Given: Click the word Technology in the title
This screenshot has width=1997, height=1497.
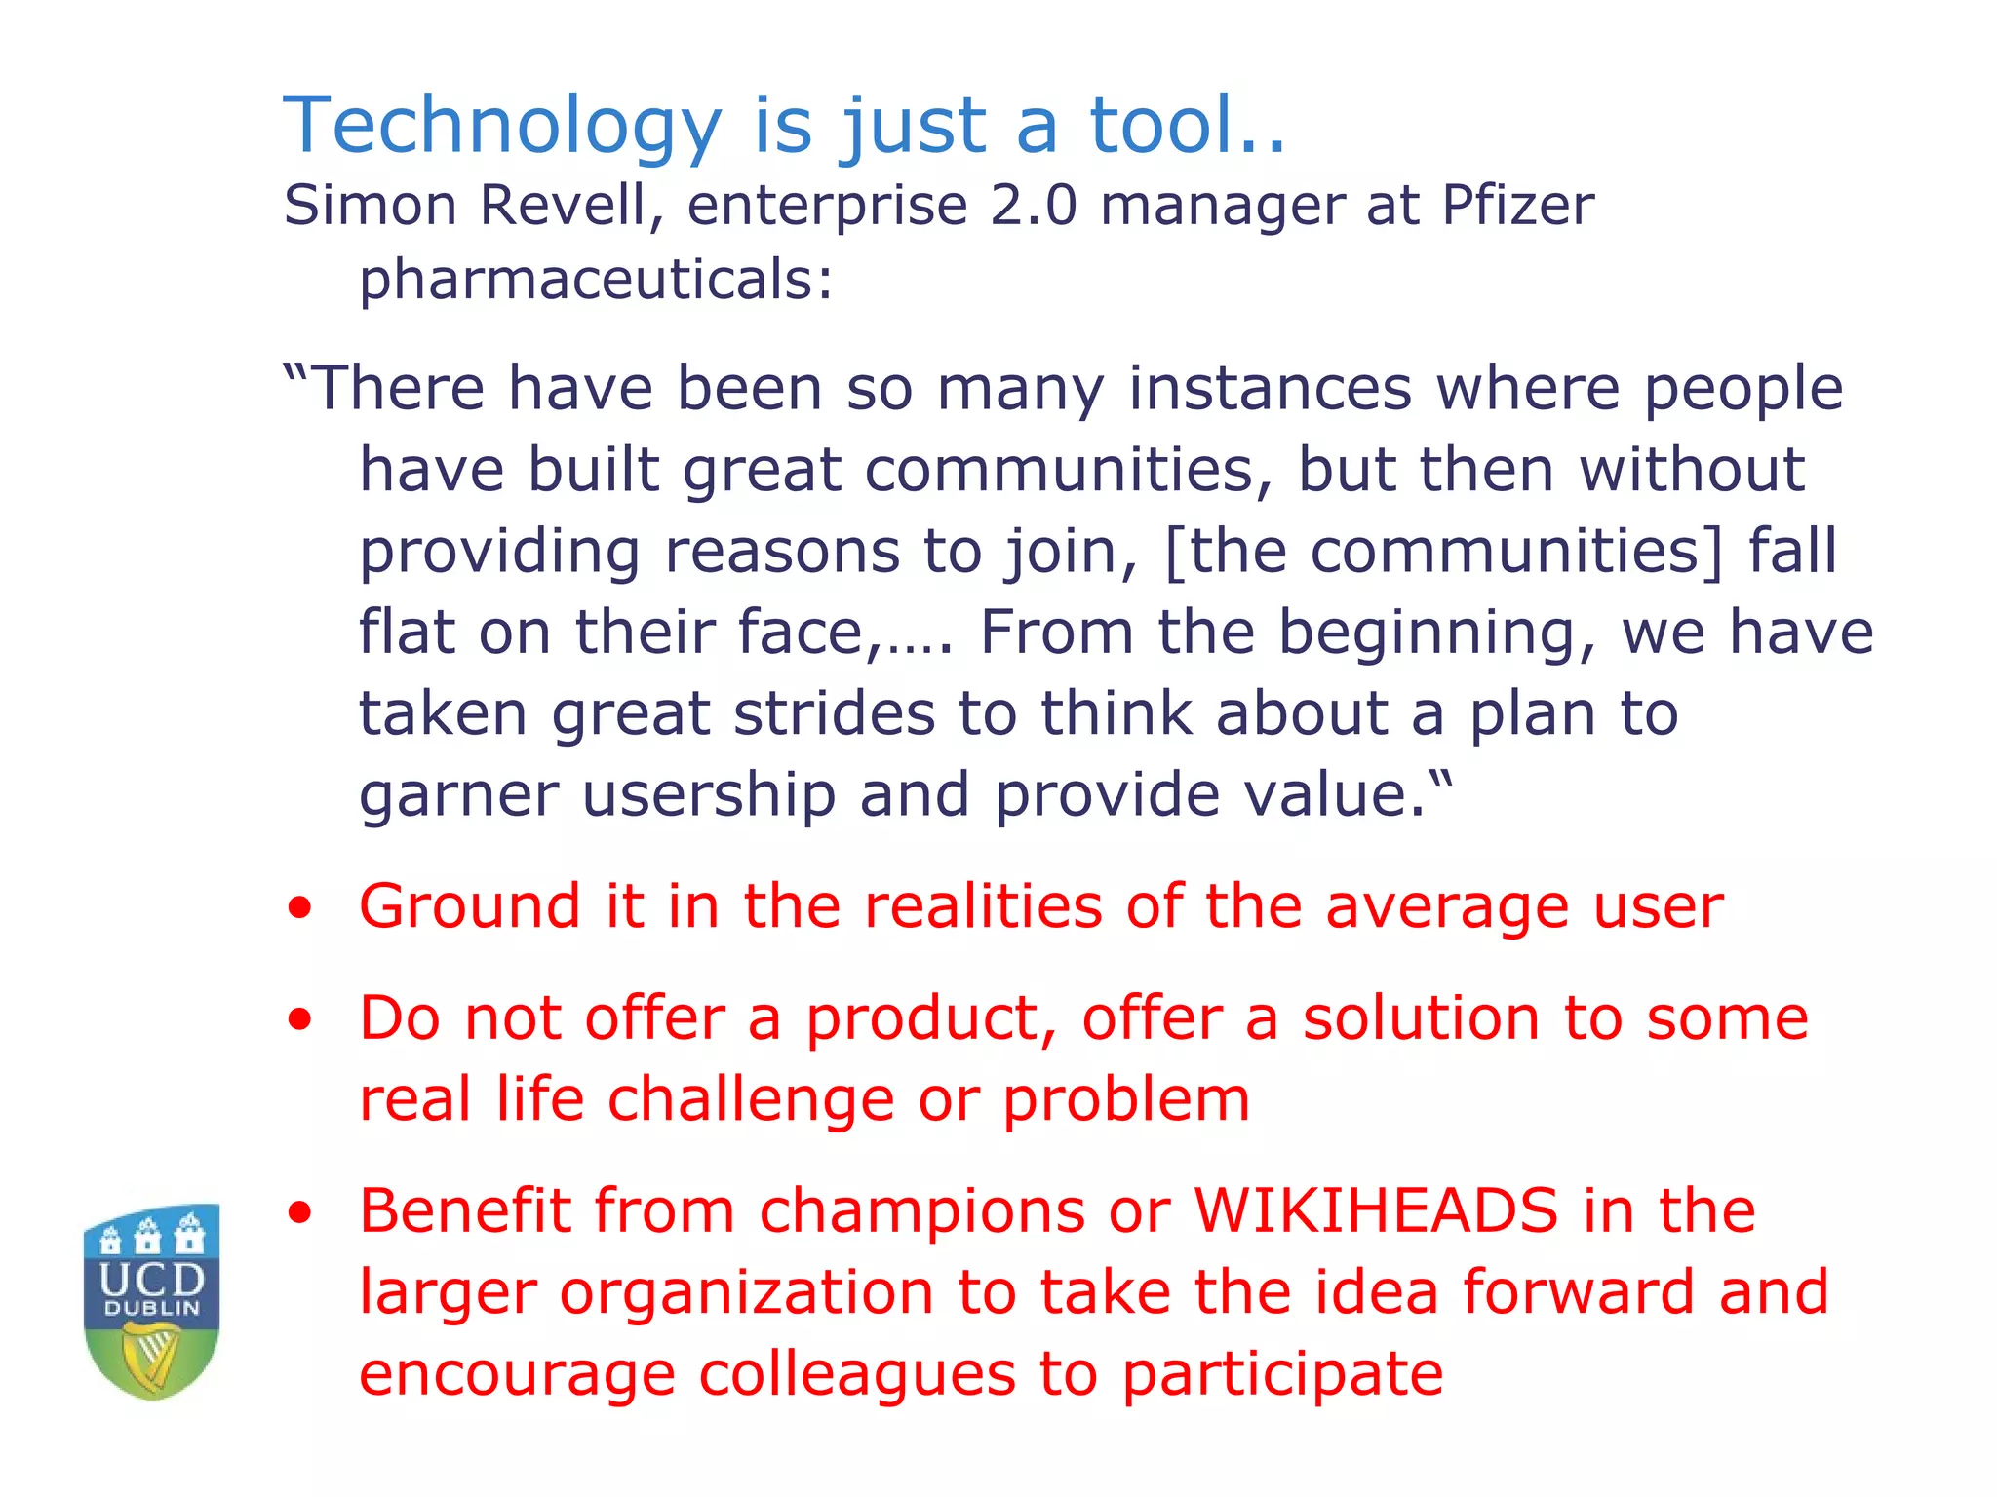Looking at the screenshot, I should [501, 127].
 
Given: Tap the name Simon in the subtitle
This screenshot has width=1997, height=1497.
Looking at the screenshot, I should [371, 206].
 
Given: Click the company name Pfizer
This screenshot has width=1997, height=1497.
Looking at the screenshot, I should [1517, 206].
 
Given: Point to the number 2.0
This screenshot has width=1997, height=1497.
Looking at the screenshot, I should [1033, 206].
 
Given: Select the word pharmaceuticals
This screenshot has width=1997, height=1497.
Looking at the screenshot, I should [595, 279].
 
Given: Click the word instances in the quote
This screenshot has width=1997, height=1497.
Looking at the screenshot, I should [1270, 388].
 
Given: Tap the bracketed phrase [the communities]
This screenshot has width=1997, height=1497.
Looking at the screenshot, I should [1444, 551].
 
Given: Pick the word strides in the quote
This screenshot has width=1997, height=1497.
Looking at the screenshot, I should [835, 713].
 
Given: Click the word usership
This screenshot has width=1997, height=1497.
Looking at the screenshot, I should [709, 794].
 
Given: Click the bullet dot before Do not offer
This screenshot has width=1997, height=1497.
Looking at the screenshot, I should [299, 1019].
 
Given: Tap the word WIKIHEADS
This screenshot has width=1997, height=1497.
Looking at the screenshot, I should [1376, 1211].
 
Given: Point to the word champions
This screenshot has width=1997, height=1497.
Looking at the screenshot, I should [922, 1211].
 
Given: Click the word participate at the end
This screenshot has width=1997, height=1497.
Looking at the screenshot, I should [1282, 1374].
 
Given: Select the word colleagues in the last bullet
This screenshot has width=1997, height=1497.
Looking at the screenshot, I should [856, 1374].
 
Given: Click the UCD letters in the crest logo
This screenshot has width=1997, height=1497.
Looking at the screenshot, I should [152, 1278].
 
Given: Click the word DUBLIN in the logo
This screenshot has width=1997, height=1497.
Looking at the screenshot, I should [152, 1308].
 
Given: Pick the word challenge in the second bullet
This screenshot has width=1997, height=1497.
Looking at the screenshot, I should [751, 1100].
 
